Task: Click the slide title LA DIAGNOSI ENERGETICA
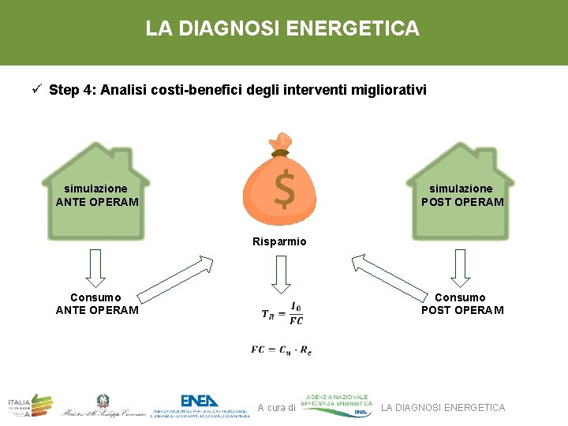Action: click(x=282, y=29)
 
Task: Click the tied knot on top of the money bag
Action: click(x=281, y=145)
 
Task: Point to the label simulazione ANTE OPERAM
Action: click(x=96, y=195)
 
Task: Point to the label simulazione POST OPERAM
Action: click(x=461, y=195)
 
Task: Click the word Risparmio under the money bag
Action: click(x=279, y=241)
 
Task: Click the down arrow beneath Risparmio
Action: click(x=280, y=273)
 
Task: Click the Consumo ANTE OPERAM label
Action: click(x=96, y=304)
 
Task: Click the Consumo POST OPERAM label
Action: click(x=461, y=304)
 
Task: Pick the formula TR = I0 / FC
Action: click(x=282, y=313)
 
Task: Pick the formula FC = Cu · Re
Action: click(x=282, y=349)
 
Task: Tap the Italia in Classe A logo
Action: click(x=30, y=405)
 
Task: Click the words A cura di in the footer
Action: click(x=276, y=408)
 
